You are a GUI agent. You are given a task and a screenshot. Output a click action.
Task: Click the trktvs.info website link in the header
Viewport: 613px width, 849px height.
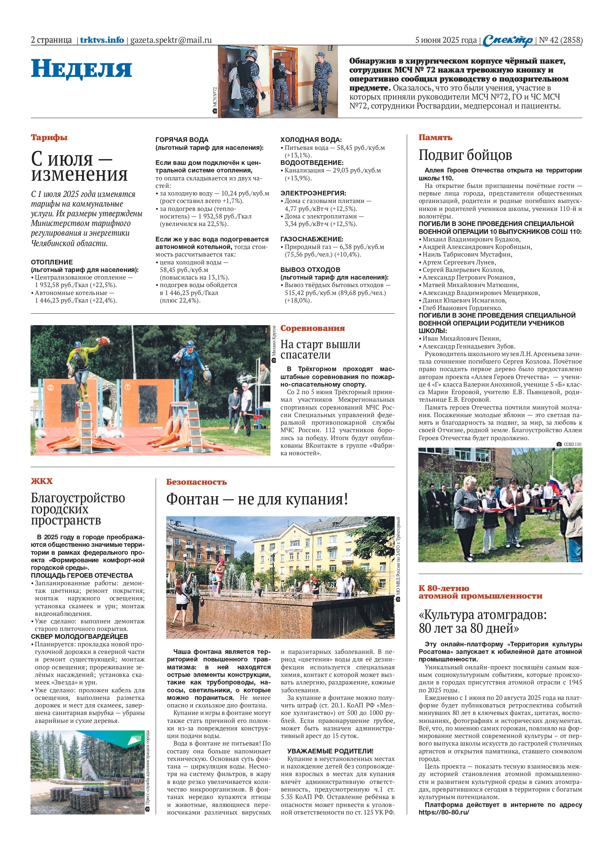click(x=102, y=40)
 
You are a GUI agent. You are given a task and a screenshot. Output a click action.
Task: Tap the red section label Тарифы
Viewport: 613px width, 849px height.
click(x=49, y=137)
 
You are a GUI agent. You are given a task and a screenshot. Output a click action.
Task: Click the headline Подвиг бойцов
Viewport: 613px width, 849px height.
click(x=465, y=154)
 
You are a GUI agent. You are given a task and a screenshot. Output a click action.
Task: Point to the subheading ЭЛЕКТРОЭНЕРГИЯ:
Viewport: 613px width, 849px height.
click(x=313, y=193)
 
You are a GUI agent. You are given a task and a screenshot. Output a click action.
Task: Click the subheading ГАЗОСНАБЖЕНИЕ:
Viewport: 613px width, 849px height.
click(x=312, y=239)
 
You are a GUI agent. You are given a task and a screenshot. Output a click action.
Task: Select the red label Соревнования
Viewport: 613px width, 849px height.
click(x=312, y=328)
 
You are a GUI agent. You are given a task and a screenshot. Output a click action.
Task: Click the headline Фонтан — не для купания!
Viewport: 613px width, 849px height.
click(x=257, y=499)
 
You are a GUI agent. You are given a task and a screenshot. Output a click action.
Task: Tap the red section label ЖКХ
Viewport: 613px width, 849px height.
click(x=42, y=481)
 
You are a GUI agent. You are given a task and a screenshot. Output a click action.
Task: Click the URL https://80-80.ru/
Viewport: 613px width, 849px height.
click(x=444, y=812)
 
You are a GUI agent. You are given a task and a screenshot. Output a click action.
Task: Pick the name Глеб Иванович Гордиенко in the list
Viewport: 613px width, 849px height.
click(x=462, y=308)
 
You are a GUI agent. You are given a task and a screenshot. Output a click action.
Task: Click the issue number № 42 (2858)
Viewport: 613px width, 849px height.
click(x=560, y=40)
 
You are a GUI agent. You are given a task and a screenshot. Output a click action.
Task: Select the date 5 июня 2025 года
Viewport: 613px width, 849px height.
click(x=446, y=40)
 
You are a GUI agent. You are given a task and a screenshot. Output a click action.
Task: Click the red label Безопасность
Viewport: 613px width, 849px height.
click(x=196, y=482)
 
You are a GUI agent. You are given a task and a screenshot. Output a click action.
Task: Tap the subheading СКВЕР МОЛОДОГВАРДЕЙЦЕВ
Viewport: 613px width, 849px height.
click(x=79, y=636)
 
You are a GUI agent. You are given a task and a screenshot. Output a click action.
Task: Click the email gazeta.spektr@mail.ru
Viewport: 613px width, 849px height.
click(x=171, y=40)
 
